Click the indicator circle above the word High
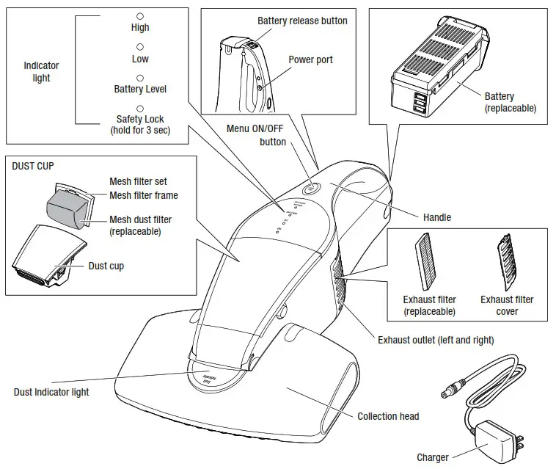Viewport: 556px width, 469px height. click(x=140, y=15)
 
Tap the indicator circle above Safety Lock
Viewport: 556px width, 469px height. click(x=140, y=108)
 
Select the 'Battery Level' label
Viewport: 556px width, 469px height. click(x=140, y=89)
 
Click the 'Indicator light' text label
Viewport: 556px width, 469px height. click(x=41, y=71)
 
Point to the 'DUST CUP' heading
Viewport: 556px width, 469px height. click(x=33, y=167)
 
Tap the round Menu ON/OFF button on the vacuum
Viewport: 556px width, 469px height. click(x=308, y=188)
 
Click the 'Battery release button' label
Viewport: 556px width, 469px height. click(x=302, y=21)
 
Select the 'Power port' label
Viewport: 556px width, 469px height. click(x=310, y=60)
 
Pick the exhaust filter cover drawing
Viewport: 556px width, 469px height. click(x=507, y=263)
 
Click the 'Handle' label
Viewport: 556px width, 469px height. click(x=437, y=217)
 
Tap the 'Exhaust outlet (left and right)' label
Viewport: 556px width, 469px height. click(x=435, y=340)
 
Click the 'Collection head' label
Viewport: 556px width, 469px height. click(x=388, y=416)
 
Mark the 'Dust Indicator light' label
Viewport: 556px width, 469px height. click(x=51, y=392)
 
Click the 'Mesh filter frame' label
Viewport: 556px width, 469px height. click(x=144, y=195)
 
